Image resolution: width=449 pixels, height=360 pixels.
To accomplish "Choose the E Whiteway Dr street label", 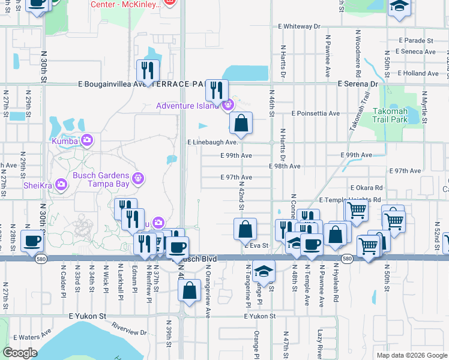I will (x=300, y=27).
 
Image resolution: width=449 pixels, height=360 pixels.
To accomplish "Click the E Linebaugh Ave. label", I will (x=213, y=143).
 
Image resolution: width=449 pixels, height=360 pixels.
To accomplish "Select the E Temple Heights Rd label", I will (x=350, y=200).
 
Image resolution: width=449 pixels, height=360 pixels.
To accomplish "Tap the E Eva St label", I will (x=256, y=245).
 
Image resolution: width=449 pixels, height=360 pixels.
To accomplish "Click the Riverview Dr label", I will (x=130, y=329).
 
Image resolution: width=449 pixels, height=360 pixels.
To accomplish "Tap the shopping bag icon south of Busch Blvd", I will (x=189, y=290).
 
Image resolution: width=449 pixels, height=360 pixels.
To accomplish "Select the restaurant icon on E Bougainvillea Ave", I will (x=147, y=71).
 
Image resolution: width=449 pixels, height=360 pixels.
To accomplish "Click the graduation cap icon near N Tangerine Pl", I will (x=263, y=271).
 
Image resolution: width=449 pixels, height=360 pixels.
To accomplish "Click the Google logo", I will (x=19, y=353).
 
